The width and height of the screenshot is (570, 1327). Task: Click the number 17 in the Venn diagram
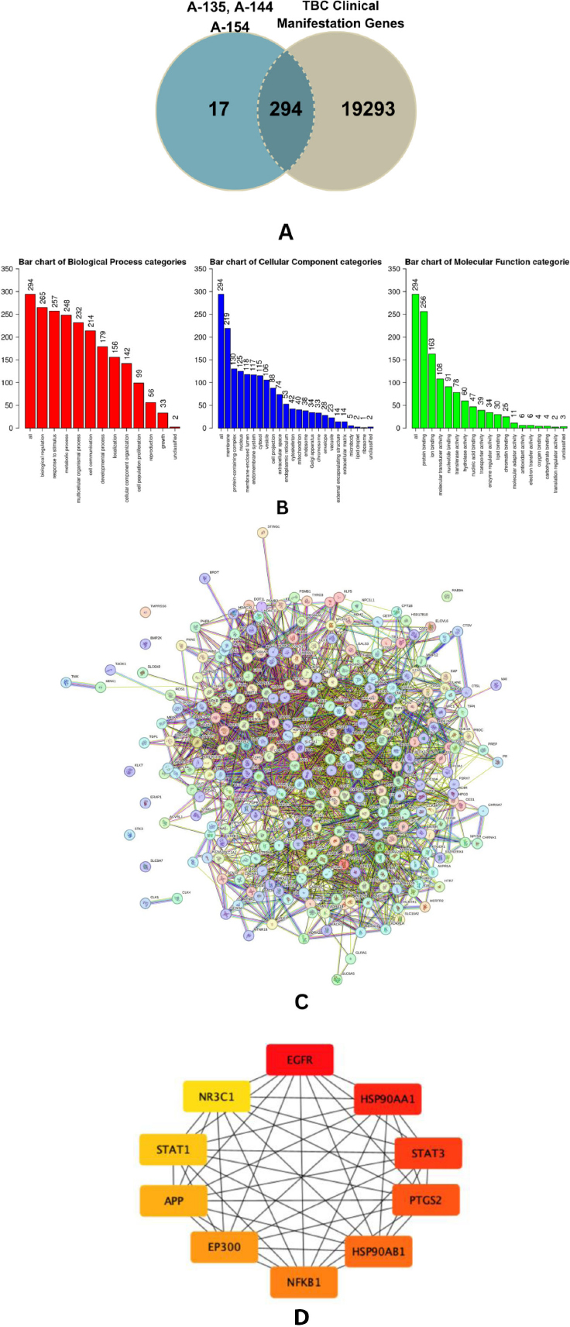(219, 109)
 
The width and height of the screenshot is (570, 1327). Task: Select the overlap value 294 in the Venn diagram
(285, 109)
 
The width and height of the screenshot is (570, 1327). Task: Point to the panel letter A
(285, 232)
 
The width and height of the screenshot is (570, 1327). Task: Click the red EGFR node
(300, 1060)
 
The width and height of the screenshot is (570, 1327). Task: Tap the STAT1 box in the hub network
(173, 1149)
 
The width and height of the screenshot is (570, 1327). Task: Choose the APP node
(173, 1201)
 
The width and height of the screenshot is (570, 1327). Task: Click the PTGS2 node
(425, 1200)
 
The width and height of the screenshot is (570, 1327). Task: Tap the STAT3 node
(428, 1153)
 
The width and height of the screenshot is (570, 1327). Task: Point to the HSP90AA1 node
(388, 1099)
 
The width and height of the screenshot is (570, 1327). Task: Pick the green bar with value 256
(424, 369)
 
